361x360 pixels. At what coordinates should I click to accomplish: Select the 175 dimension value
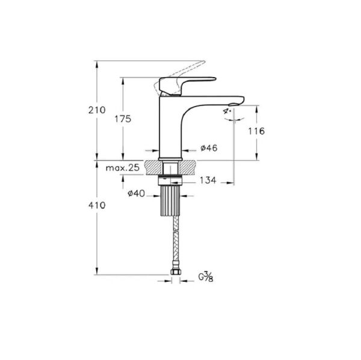pos(123,119)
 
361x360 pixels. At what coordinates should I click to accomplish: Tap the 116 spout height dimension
pos(256,131)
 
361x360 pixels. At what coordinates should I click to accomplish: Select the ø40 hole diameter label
pos(136,193)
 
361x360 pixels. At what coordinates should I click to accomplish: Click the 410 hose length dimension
pos(96,205)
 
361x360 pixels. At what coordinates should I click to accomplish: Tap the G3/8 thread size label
pos(206,277)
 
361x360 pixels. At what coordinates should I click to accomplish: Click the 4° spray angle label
pos(227,112)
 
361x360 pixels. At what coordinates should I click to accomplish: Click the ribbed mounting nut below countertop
pos(171,201)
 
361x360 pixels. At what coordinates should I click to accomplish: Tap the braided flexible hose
pos(174,241)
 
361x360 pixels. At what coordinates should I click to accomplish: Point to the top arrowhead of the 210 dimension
pos(96,63)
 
